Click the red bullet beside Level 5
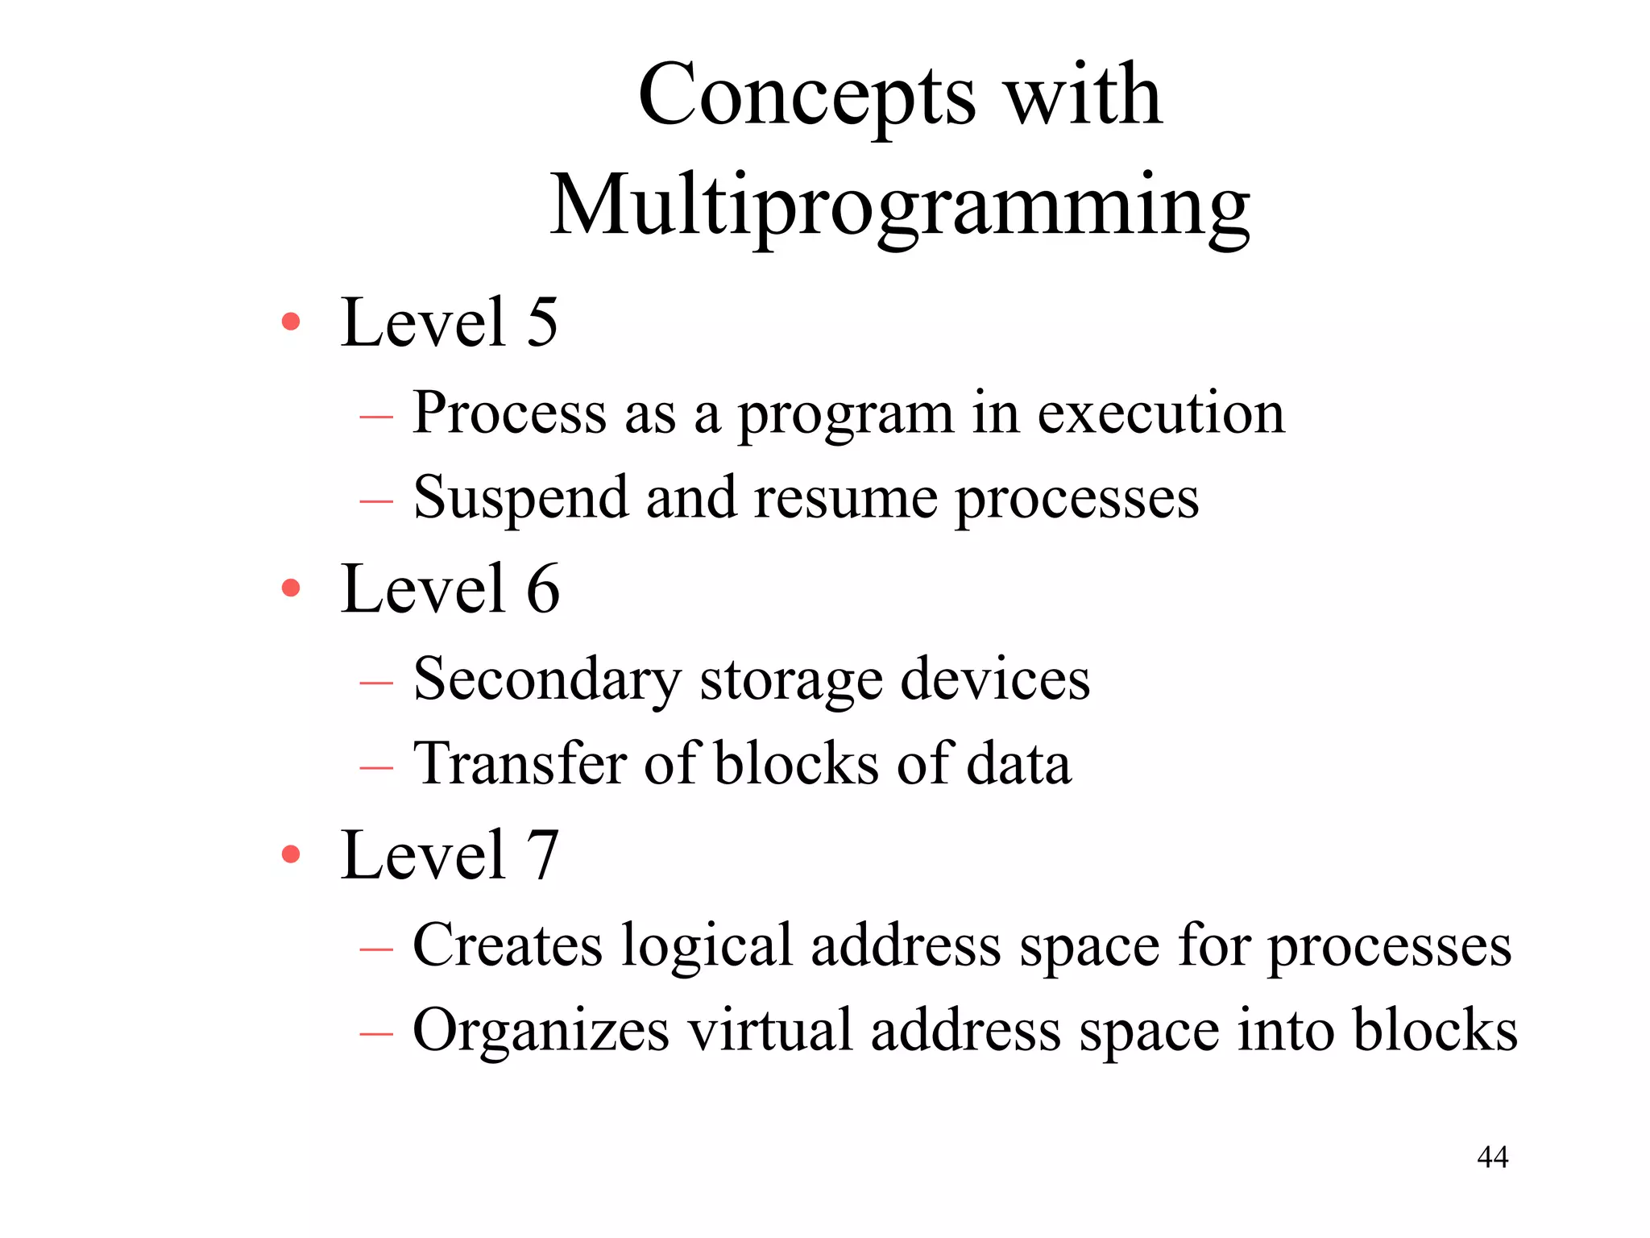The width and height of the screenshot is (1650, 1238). [291, 322]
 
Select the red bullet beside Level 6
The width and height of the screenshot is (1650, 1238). [291, 588]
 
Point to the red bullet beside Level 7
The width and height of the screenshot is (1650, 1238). [291, 854]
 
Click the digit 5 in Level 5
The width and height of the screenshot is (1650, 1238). [542, 322]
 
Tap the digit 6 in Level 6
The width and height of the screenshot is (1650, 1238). [542, 588]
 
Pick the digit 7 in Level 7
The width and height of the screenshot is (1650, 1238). [542, 854]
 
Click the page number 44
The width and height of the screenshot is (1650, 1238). [1492, 1157]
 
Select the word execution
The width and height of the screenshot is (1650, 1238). [1161, 413]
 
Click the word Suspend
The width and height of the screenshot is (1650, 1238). [520, 498]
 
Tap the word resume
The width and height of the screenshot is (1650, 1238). [846, 498]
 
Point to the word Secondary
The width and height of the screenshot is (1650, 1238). [547, 679]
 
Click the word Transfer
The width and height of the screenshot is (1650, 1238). [520, 763]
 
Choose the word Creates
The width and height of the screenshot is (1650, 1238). [508, 945]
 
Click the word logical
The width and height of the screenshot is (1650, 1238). [707, 946]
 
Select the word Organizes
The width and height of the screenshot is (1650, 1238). [541, 1030]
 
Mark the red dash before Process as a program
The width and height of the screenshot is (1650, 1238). [376, 417]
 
